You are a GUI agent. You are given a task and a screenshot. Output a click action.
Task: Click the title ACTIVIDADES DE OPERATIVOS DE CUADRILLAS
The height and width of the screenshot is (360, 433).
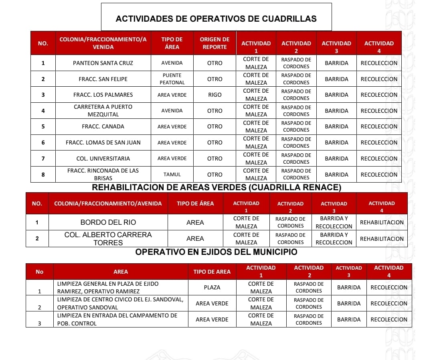coord(216,18)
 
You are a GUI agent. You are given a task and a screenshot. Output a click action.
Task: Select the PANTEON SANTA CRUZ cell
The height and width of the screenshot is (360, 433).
coord(103,63)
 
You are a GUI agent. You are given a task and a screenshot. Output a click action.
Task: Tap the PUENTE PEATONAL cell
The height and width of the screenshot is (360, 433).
coord(172,79)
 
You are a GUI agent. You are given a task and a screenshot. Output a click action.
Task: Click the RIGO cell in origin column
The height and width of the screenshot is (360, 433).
coord(214,95)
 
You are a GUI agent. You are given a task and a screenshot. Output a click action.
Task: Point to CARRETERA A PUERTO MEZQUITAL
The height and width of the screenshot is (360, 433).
coord(103,111)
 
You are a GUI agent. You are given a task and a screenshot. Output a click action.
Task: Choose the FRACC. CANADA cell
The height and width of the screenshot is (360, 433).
coord(103,126)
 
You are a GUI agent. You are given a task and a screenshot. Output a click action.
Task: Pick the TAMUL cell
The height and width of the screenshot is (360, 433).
coord(172,175)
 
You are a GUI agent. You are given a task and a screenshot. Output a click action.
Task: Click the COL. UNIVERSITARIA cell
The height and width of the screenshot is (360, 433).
coord(103,159)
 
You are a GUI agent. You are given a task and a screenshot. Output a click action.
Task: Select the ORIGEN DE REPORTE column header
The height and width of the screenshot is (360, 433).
coord(214,43)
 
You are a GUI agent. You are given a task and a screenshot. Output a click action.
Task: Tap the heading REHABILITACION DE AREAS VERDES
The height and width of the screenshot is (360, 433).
coord(216,187)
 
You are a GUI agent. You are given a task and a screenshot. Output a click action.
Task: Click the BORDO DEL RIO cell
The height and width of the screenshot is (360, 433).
coord(108,222)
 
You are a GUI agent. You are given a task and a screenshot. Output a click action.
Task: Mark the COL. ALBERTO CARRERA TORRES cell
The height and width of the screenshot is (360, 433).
coord(108,238)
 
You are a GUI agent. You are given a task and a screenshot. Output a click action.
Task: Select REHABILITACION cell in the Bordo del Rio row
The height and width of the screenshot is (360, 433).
coord(382,222)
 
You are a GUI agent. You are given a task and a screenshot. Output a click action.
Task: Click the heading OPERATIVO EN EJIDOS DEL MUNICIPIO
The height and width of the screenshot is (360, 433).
coord(216,252)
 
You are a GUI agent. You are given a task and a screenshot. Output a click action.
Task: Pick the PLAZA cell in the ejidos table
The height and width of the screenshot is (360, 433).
coord(212,287)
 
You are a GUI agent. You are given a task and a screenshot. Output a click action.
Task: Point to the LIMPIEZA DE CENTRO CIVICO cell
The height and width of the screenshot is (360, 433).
coord(120,303)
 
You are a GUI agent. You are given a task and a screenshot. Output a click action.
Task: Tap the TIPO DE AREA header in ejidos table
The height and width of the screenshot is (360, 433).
coord(212,272)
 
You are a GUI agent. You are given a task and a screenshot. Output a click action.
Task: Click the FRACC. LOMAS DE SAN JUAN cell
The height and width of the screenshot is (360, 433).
coord(103,142)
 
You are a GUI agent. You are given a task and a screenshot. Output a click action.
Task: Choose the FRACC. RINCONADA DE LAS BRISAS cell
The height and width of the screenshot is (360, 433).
coord(103,174)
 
